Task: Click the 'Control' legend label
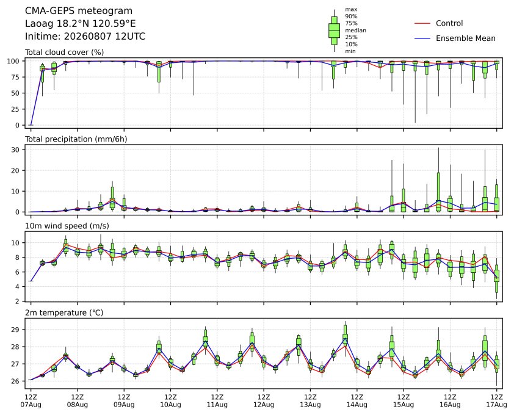click(x=449, y=23)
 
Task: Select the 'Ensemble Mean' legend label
click(x=466, y=38)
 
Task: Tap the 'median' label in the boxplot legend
click(x=355, y=30)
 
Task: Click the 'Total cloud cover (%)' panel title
click(x=65, y=52)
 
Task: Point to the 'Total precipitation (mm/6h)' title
click(x=76, y=139)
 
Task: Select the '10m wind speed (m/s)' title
click(x=67, y=226)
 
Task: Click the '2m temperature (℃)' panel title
click(x=64, y=312)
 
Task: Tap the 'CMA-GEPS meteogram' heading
click(x=79, y=11)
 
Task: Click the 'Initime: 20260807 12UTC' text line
click(x=85, y=36)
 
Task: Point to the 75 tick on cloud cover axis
click(x=16, y=77)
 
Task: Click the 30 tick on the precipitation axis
click(x=16, y=150)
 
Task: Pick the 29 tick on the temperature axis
click(x=16, y=330)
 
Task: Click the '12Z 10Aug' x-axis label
click(x=170, y=401)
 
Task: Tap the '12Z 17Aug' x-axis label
click(x=497, y=401)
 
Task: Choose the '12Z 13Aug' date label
click(x=310, y=401)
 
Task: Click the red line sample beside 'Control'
click(x=422, y=24)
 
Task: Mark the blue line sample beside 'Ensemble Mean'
click(x=422, y=38)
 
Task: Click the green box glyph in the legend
click(x=334, y=31)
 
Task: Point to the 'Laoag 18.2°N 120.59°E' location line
click(x=81, y=24)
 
